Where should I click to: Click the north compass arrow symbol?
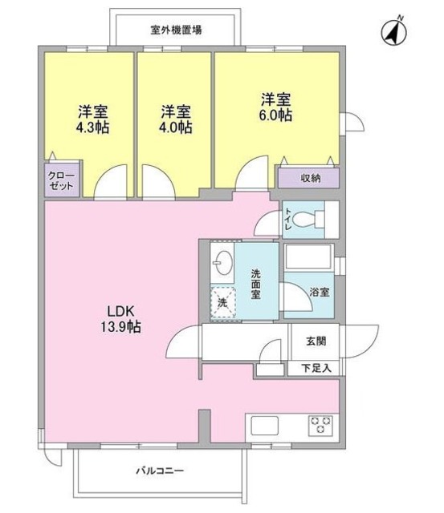393,31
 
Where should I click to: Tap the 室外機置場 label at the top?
176,30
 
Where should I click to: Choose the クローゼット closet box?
61,180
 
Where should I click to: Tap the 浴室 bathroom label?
320,293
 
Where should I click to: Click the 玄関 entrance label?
316,341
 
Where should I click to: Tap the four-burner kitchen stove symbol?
320,426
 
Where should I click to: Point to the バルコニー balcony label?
159,471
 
